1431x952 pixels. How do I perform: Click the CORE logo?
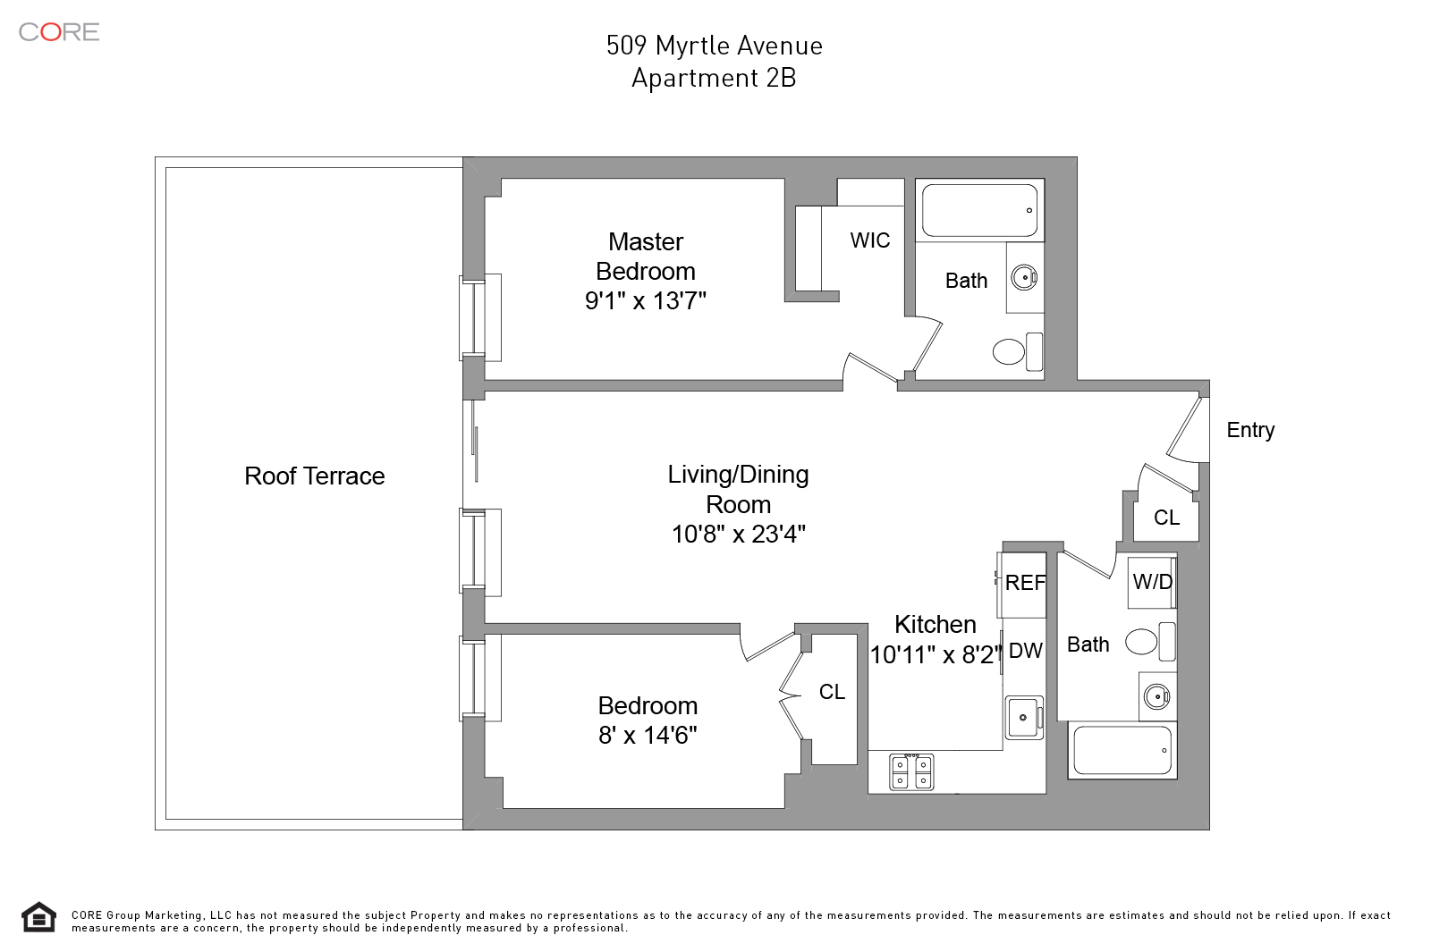coord(59,32)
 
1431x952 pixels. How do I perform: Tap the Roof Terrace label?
coord(314,476)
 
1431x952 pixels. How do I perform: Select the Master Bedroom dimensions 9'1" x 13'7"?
coord(645,301)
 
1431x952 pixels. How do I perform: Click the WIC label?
coord(869,240)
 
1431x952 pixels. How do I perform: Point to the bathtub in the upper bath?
coord(979,211)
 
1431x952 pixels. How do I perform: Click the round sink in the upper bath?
coord(1024,277)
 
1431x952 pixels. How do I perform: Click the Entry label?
coord(1249,430)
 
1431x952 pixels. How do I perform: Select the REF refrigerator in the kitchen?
coord(1023,584)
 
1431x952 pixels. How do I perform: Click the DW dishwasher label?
coord(1025,651)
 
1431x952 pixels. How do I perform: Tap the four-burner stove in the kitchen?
coord(911,771)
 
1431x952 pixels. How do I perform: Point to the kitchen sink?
coord(1023,717)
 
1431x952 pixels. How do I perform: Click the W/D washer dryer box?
coord(1152,582)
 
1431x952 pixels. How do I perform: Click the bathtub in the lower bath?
coord(1122,750)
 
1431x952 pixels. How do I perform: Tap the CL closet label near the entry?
coord(1166,518)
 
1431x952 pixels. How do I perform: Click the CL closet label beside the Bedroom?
coord(832,692)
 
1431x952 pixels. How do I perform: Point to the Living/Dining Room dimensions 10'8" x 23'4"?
coord(738,535)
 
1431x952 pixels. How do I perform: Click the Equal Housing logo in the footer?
coord(38,917)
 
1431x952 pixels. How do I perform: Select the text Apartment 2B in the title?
coord(714,79)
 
